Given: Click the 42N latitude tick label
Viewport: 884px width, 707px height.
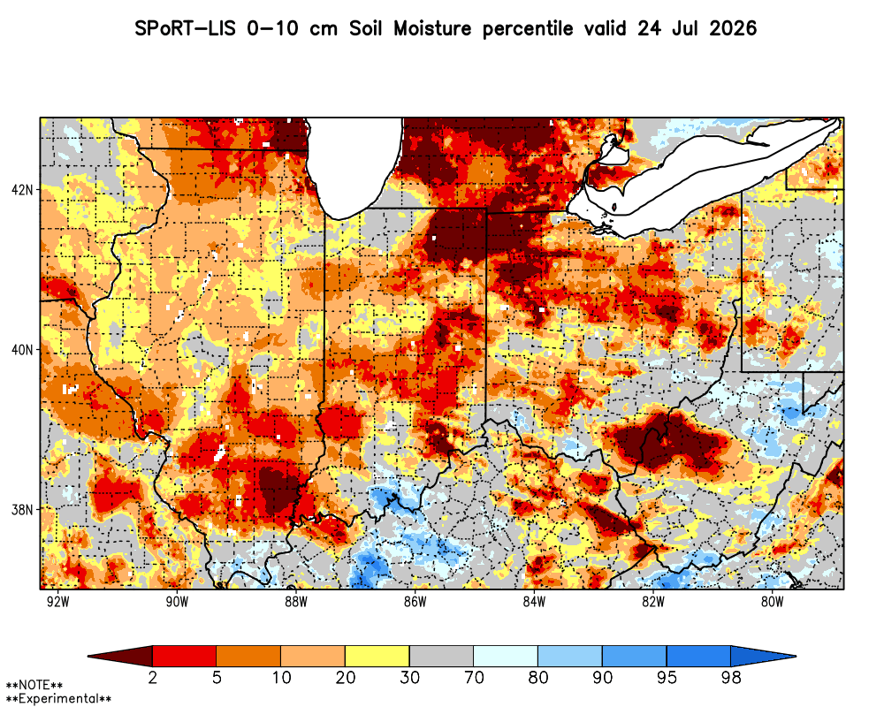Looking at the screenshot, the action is coord(22,190).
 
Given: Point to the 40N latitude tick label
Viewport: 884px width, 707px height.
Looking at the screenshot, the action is coord(22,350).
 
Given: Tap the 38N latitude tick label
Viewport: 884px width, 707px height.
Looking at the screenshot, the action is coord(22,510).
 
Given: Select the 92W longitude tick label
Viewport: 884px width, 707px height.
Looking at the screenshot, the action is coord(58,602).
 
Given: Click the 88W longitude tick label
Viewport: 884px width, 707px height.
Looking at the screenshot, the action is coord(296,602).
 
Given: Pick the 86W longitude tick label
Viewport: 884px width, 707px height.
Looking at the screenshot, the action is coord(415,602).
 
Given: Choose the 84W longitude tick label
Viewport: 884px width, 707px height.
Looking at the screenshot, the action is coord(535,602).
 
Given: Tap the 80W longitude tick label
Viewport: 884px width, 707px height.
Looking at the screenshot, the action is coord(773,602).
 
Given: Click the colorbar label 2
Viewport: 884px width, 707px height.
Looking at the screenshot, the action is coord(152,677).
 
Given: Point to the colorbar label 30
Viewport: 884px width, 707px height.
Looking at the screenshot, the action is coord(410,677).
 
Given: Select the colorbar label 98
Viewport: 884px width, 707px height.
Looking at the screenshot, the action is coord(731,677).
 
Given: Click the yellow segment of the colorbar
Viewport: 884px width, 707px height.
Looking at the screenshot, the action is coord(377,657).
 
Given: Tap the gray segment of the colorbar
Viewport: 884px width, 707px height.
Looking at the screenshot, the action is coord(441,657).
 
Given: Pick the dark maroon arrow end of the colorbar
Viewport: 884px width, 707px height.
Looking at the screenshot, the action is coord(120,657).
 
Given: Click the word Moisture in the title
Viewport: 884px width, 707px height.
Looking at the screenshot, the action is coord(432,28).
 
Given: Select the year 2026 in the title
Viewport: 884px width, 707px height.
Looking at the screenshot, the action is coord(733,28).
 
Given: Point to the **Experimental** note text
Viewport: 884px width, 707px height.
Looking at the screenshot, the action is coord(58,699).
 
